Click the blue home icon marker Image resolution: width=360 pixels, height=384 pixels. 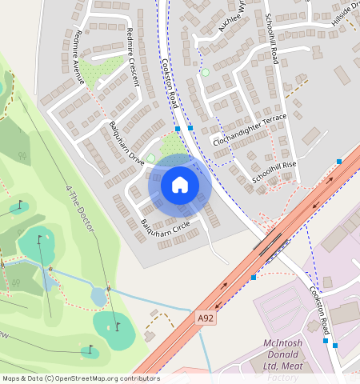[x=180, y=186]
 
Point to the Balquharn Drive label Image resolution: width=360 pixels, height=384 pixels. [x=126, y=143]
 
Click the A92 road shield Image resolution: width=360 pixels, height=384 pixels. [x=206, y=318]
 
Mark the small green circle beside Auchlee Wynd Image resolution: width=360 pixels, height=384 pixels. [x=205, y=73]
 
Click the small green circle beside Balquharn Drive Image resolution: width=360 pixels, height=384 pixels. [x=150, y=158]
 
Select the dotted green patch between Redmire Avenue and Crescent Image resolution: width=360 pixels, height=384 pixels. [x=103, y=71]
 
